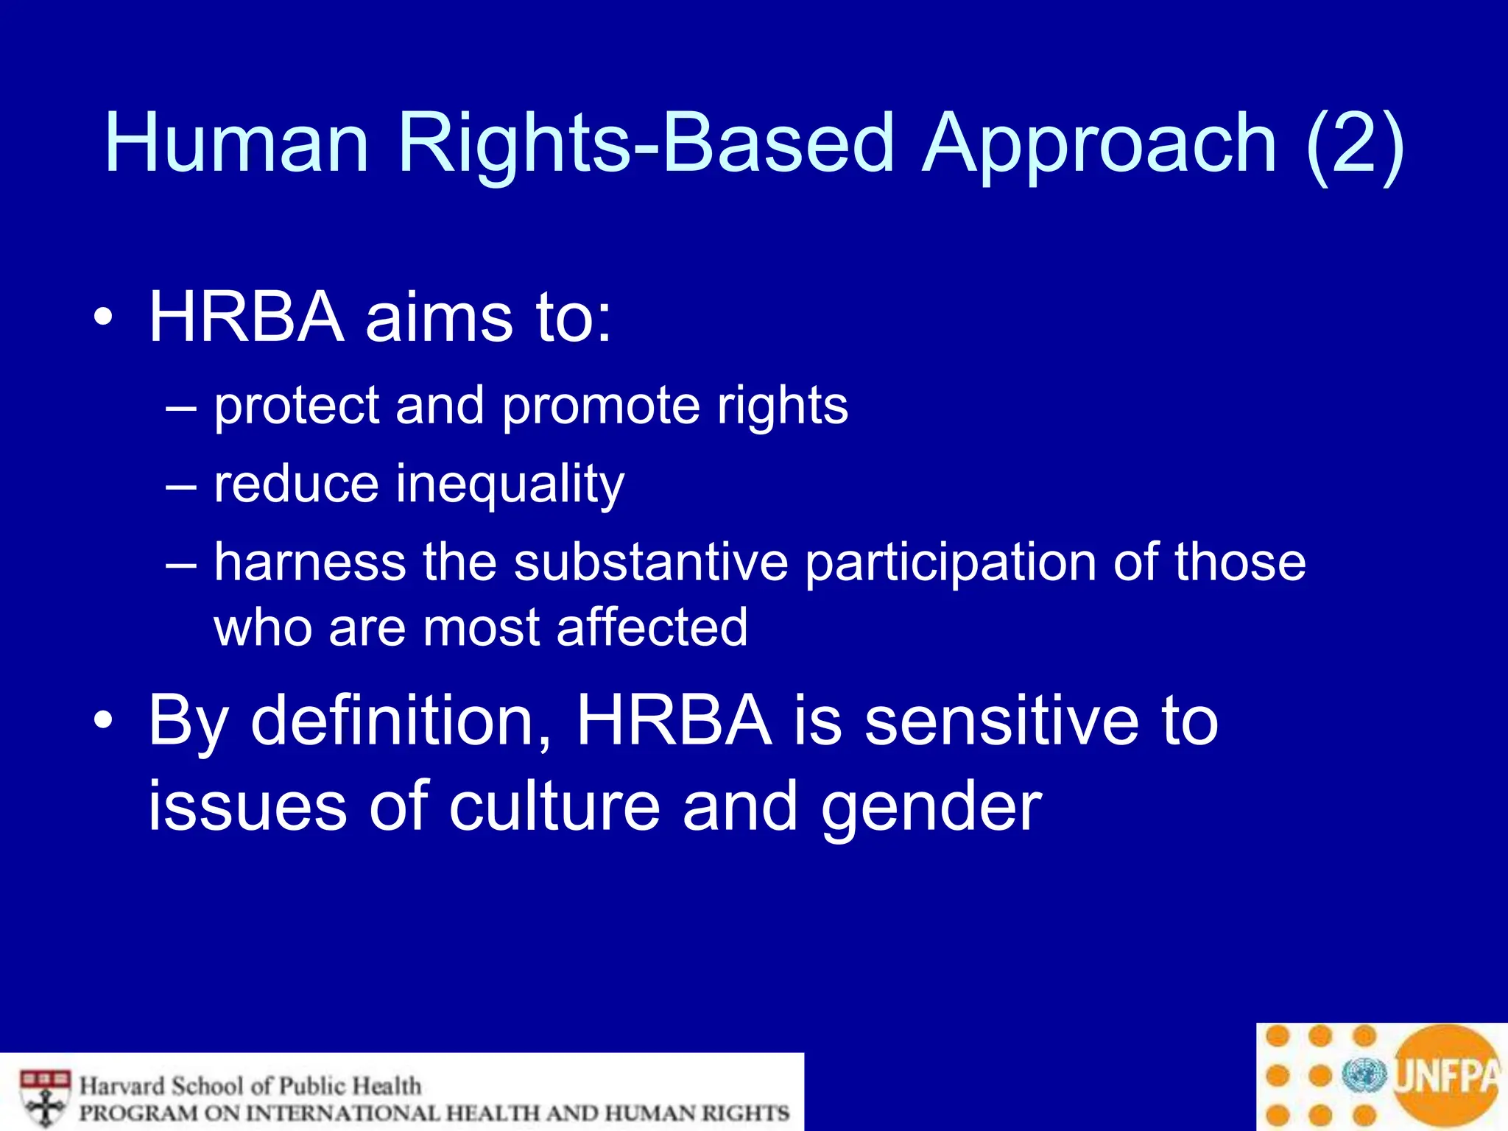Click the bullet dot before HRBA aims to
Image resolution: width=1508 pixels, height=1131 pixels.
(104, 318)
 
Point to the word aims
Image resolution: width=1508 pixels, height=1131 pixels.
(438, 318)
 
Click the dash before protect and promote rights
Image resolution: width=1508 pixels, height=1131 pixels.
(181, 407)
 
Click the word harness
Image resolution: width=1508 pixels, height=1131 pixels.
(309, 563)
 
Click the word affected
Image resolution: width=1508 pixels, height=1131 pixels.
(652, 628)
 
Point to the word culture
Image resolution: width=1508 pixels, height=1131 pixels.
(554, 807)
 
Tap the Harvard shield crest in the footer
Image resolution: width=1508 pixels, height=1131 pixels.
(46, 1098)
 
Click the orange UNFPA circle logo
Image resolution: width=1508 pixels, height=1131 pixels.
(1445, 1076)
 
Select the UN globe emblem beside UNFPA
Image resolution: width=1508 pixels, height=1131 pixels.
(1364, 1076)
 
